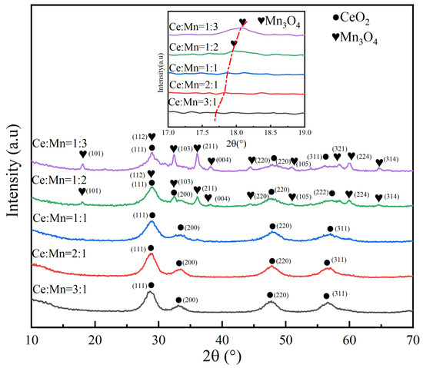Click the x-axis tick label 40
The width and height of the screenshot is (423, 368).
point(222,337)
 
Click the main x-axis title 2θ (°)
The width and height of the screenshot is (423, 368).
point(222,356)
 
